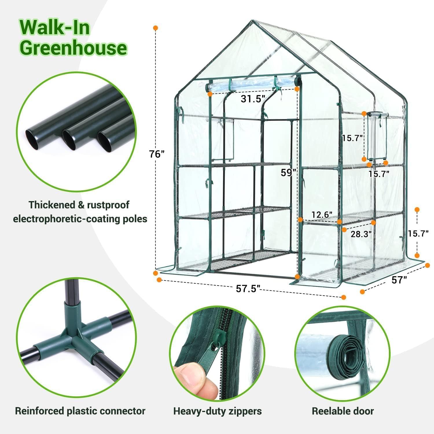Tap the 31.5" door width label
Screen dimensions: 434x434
tap(253, 99)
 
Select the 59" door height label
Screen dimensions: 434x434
tap(288, 172)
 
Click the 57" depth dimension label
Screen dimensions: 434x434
tap(399, 279)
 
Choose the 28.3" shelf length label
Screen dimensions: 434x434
tap(361, 234)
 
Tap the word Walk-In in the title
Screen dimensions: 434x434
tap(55, 27)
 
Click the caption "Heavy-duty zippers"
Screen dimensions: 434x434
tap(217, 411)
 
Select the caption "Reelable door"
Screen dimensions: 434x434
tap(343, 411)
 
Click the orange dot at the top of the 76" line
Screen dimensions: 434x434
tap(156, 28)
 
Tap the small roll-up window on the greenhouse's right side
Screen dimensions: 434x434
tap(376, 136)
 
